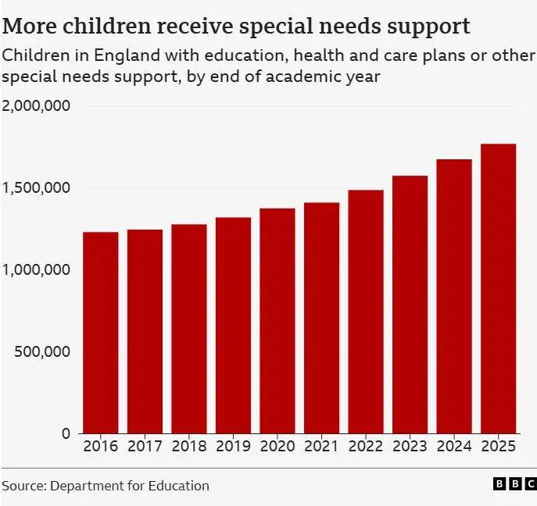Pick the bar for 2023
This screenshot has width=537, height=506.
410,304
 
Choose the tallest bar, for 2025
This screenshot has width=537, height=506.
498,288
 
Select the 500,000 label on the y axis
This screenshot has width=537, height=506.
42,351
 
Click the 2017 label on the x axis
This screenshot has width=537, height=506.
145,447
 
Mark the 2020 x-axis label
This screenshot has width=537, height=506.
277,447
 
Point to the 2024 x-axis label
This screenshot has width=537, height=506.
453,447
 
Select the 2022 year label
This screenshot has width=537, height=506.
365,447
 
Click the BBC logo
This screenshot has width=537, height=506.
515,485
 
